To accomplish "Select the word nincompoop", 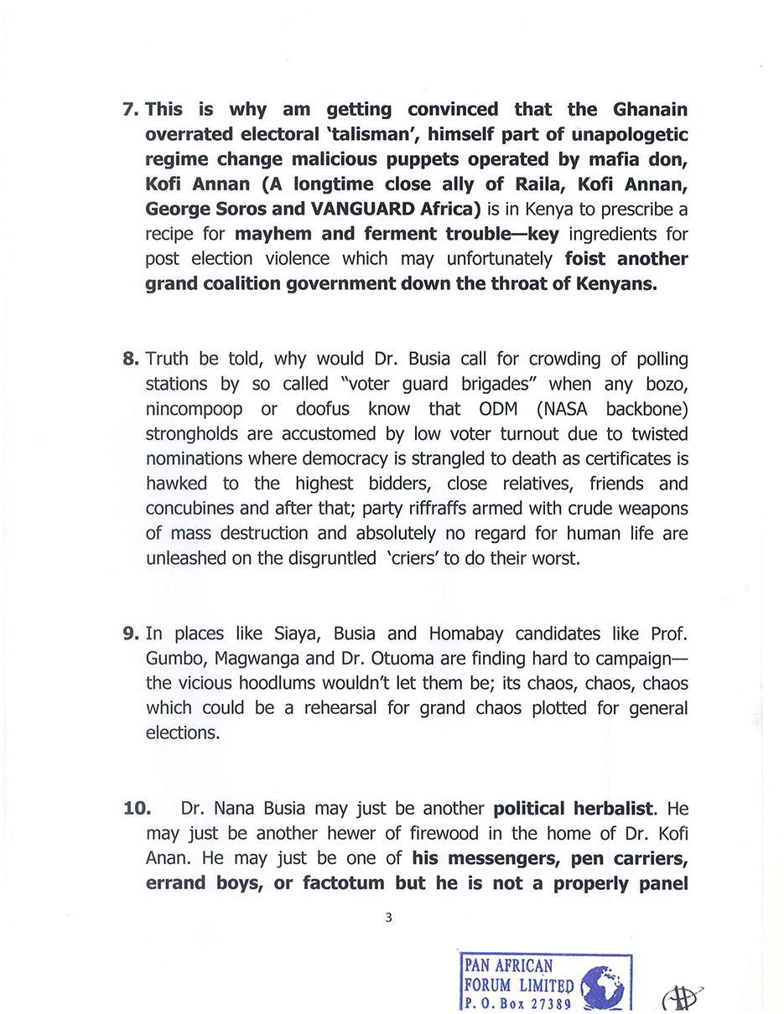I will coord(195,409).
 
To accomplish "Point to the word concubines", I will coord(193,508).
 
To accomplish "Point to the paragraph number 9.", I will coord(131,634).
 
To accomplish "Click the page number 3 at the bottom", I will coord(388,917).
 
